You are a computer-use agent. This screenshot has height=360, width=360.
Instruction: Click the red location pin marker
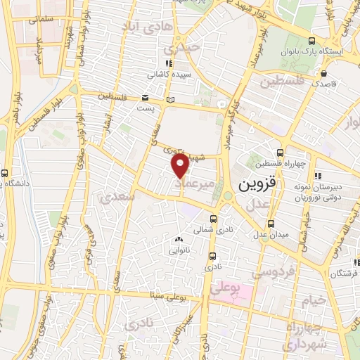[x=180, y=166]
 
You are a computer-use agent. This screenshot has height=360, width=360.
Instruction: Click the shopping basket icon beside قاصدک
[x=324, y=72]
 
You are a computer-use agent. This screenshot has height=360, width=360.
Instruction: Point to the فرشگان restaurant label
[x=345, y=273]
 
